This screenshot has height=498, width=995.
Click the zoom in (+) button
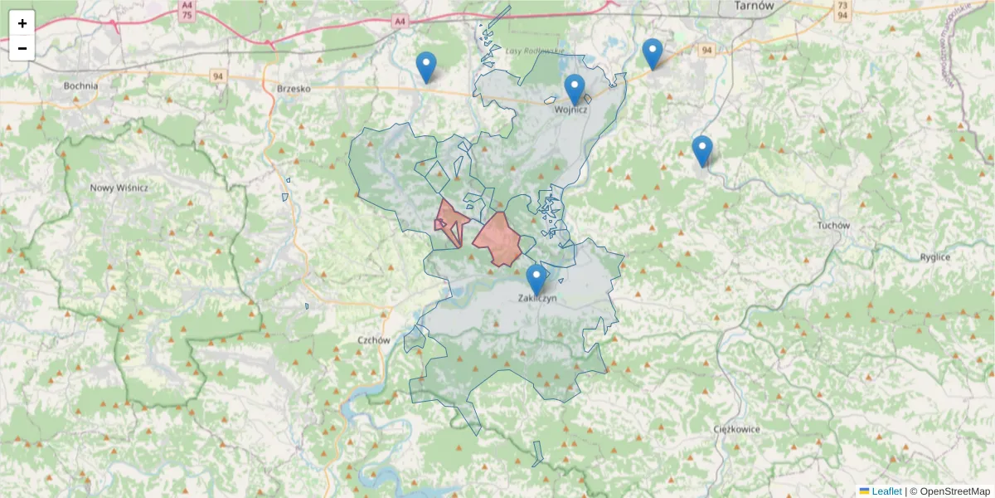tap(22, 23)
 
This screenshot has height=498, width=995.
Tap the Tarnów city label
tap(754, 6)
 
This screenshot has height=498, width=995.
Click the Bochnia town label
tap(80, 85)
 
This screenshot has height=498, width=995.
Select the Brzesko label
tap(293, 88)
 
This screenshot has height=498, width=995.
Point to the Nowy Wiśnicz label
tap(119, 188)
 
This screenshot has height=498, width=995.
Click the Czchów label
tap(374, 340)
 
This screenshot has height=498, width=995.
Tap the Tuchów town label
tap(833, 226)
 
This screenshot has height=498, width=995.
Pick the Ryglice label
tap(934, 257)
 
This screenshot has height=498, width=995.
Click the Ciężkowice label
tap(737, 429)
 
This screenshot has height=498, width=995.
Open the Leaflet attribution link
tap(886, 491)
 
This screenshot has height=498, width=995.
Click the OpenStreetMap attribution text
tap(954, 491)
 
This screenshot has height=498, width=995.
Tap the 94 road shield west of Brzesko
tap(218, 76)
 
